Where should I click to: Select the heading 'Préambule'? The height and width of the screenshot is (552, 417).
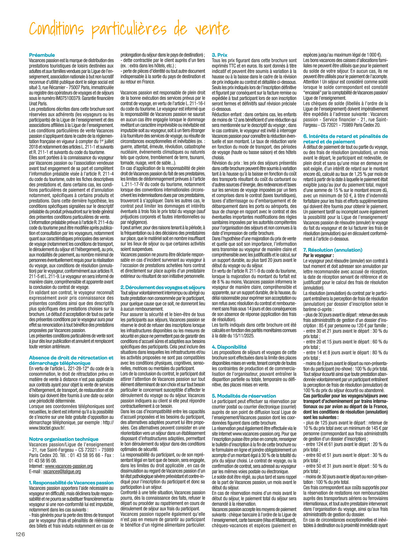tap(42, 55)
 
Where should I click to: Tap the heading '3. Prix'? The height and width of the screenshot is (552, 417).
tap(219, 55)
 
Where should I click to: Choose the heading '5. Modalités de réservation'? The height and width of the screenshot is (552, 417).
tap(244, 396)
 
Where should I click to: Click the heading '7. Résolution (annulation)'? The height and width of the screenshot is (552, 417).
tap(333, 250)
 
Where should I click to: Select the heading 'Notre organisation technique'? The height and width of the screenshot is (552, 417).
tap(64, 439)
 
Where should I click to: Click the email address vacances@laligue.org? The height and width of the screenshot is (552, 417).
tap(62, 471)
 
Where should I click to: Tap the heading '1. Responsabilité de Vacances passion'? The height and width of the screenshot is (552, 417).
tap(71, 483)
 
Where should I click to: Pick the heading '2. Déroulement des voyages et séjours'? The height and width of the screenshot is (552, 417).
tap(162, 287)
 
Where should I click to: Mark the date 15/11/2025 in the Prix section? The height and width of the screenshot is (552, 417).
tap(244, 335)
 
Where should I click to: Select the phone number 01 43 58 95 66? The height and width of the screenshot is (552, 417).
tap(79, 455)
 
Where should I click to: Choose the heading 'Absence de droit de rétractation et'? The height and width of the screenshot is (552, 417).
tap(71, 358)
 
